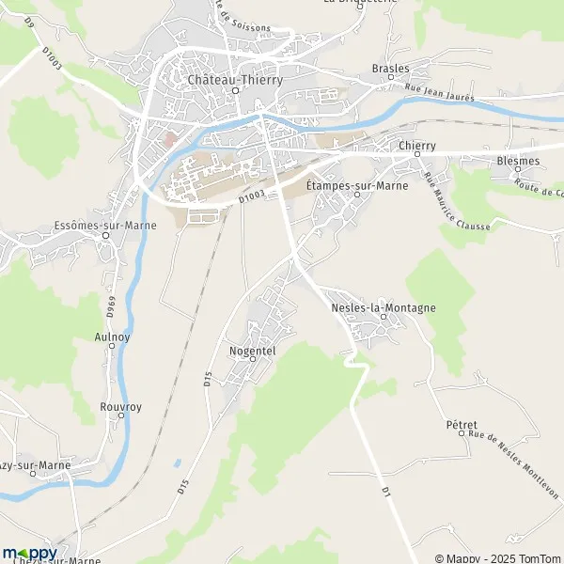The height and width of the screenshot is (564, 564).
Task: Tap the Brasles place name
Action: coord(391,69)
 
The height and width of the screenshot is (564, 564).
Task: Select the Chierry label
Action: coord(417,146)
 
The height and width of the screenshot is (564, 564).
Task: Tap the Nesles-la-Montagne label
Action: coord(384,307)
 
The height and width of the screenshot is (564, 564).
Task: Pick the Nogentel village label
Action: coord(251,350)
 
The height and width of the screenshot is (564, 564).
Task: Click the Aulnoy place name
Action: coord(112,336)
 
